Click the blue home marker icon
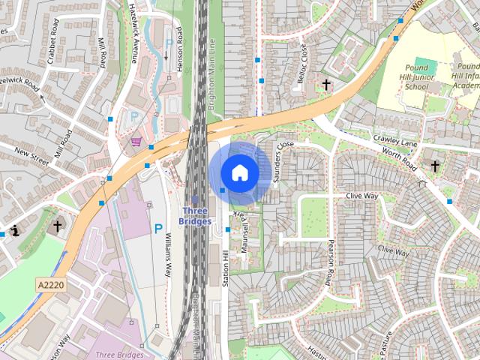[x=240, y=172]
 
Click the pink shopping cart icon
[x=136, y=140]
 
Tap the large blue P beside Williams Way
[x=158, y=227]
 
